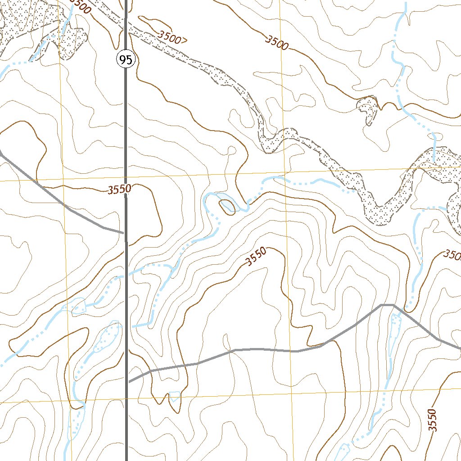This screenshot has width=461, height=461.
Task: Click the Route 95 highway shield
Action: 126,59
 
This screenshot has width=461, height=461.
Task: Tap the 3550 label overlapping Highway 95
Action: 119,190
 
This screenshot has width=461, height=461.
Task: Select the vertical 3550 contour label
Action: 432,420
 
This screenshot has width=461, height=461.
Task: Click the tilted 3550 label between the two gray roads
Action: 256,257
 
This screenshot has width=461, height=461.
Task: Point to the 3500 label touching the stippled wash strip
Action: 172,37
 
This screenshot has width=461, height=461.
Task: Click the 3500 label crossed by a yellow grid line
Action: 276,43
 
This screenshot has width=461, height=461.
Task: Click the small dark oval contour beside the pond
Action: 226,207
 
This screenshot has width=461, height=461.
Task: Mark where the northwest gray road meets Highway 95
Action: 125,233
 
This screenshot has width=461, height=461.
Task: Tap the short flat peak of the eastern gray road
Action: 387,305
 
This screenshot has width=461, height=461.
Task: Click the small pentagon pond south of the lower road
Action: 174,396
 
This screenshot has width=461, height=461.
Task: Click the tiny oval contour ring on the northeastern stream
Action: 407,14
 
